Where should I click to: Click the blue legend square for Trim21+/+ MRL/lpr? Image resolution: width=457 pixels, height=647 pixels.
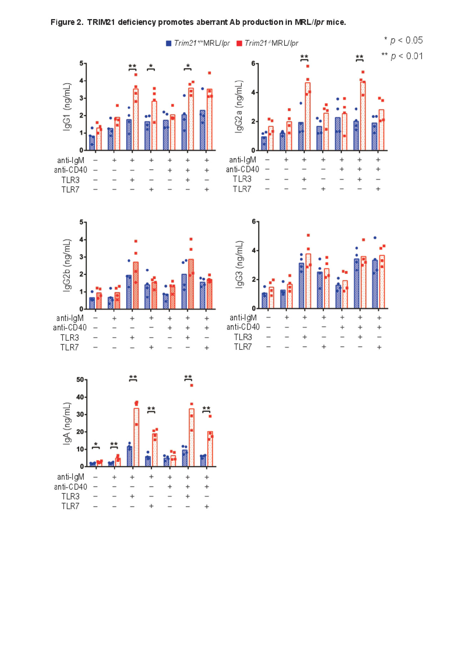169,43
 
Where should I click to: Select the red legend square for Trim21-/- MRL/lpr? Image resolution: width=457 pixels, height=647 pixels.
239,43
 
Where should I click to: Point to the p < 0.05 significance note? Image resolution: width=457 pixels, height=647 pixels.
403,40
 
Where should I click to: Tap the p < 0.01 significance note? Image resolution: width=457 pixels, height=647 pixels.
402,56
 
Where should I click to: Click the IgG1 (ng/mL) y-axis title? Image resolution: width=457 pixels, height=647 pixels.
67,107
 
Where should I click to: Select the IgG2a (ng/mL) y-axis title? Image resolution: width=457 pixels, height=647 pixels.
239,107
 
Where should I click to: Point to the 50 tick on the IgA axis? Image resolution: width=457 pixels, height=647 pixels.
80,380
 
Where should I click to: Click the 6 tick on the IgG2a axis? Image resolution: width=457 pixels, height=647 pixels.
253,64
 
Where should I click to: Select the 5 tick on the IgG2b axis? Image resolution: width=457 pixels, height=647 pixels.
81,222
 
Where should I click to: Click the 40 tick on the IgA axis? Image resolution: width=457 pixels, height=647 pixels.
80,397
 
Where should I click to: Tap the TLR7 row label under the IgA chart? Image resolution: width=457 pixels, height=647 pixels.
70,506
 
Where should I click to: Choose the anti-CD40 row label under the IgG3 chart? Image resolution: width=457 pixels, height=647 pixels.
243,327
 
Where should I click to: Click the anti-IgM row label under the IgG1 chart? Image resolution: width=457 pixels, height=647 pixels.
71,161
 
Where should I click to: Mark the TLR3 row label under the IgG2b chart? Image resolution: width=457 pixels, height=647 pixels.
70,338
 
